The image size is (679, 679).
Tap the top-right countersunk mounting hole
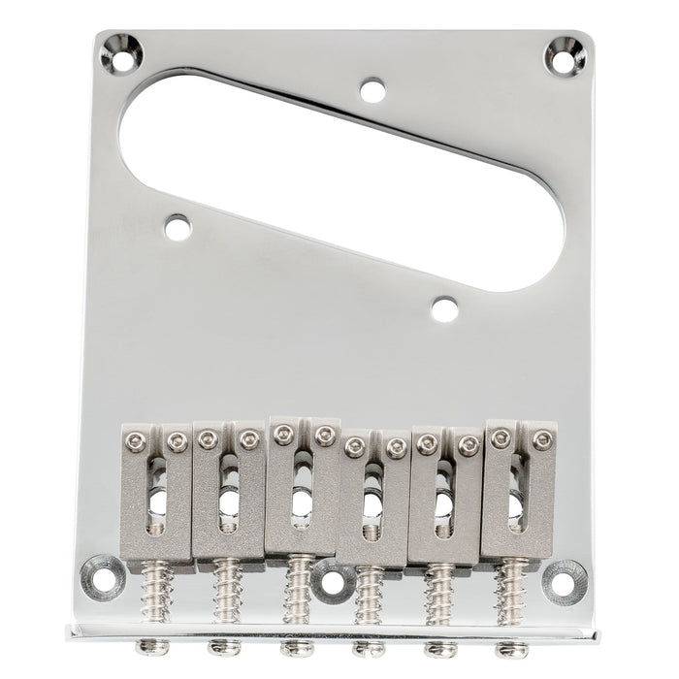(564, 54)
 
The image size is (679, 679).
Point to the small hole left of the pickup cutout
(178, 227)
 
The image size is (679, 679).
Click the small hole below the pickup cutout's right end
(444, 309)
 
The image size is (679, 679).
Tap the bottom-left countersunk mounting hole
(100, 576)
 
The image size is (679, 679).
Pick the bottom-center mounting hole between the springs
(333, 582)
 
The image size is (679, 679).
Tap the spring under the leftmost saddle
(157, 587)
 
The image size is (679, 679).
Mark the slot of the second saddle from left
(228, 497)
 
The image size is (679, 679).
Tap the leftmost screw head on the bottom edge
(150, 646)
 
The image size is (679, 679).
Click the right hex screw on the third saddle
(325, 436)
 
